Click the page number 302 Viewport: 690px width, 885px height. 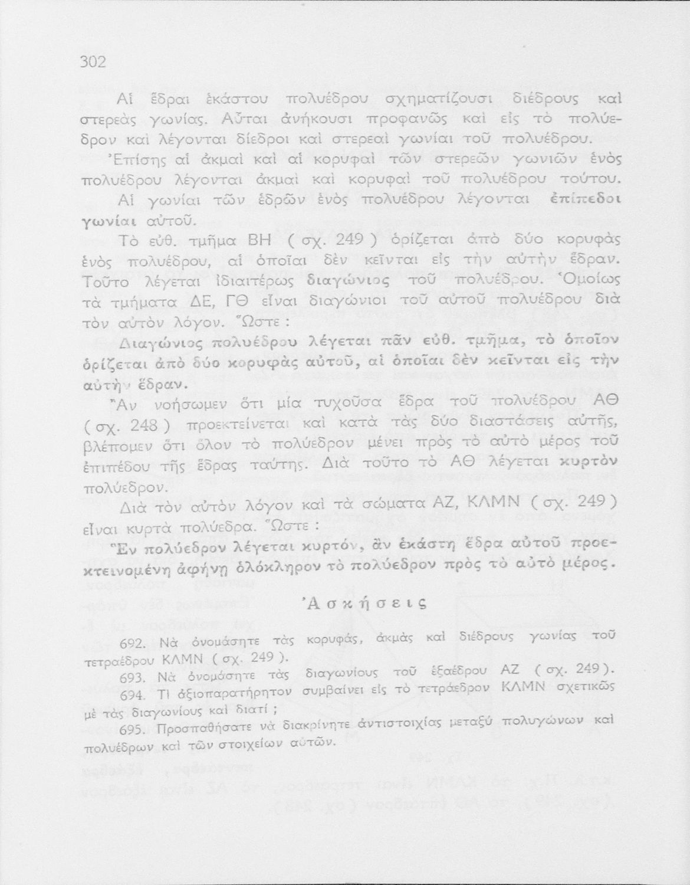[x=93, y=62]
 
